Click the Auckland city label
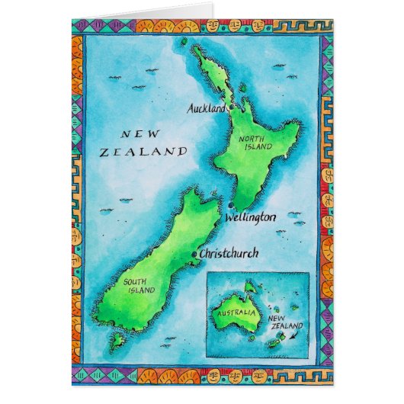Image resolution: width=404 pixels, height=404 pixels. [x=206, y=109]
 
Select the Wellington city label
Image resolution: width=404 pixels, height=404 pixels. [x=250, y=218]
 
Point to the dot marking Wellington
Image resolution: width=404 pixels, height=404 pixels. [x=230, y=204]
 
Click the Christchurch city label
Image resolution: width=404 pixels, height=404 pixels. [x=228, y=253]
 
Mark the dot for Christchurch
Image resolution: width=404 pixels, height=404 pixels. [x=195, y=255]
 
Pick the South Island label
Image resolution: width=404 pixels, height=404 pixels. [x=138, y=285]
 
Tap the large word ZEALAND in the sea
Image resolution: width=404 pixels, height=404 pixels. [x=143, y=152]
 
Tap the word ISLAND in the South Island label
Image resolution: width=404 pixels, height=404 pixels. [x=139, y=290]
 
